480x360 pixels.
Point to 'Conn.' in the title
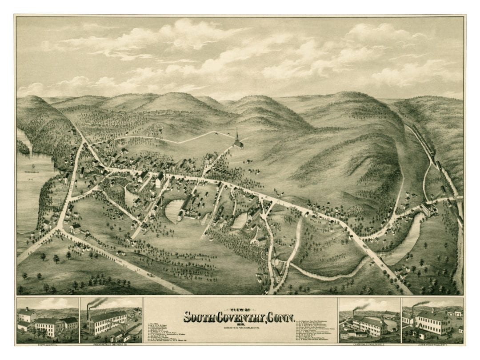tap(283, 318)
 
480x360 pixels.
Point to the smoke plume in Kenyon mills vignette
tap(362, 306)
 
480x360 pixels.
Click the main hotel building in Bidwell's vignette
tap(49, 327)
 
